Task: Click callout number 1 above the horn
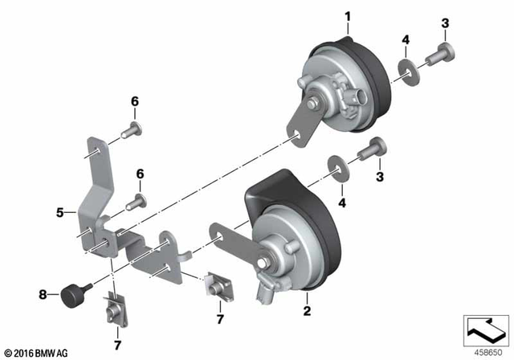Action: (349, 15)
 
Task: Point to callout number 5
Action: (60, 213)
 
